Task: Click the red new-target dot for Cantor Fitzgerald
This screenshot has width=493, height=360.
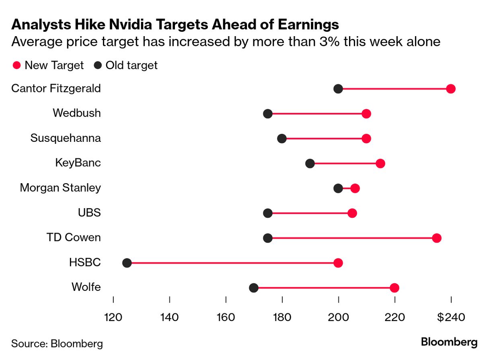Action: (x=451, y=89)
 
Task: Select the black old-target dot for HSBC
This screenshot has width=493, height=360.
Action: (x=127, y=263)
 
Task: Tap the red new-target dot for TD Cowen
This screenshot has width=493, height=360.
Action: (x=437, y=238)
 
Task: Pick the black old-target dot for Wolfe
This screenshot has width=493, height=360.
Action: (x=254, y=288)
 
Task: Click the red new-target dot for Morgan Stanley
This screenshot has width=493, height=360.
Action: (x=355, y=188)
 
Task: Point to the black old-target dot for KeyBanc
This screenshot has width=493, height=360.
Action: (x=310, y=164)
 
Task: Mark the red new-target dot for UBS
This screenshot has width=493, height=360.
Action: (x=352, y=213)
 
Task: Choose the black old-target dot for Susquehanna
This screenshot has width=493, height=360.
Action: (x=282, y=139)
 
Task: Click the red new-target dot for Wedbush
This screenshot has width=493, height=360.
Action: (x=366, y=114)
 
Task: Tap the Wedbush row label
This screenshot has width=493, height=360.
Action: (x=77, y=113)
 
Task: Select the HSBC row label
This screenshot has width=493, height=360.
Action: (x=85, y=262)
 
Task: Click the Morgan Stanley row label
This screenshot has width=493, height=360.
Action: (x=60, y=188)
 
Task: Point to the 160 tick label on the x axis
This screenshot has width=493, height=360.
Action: (x=226, y=317)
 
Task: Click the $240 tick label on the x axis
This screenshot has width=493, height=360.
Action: (x=451, y=317)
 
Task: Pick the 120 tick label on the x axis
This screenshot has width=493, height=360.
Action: (x=113, y=317)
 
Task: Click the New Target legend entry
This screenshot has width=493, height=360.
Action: (x=48, y=65)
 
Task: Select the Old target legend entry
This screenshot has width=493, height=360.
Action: (x=126, y=65)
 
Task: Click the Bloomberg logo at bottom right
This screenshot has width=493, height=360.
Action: (x=449, y=342)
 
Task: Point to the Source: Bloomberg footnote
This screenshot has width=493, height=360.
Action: (x=57, y=344)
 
